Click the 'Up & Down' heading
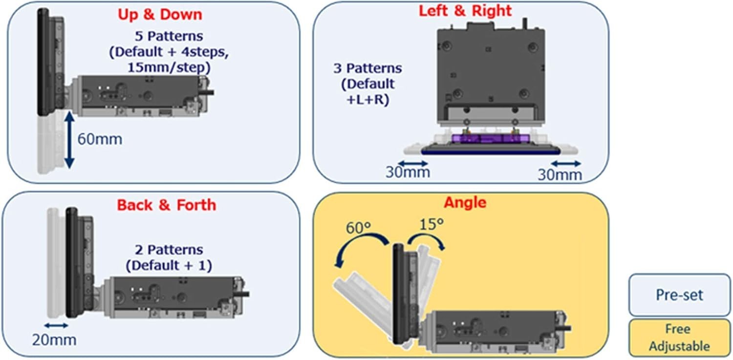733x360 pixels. [x=160, y=15]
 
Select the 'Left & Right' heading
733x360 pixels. [x=465, y=11]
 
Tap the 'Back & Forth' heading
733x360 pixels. [x=167, y=205]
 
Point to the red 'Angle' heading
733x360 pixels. [x=465, y=203]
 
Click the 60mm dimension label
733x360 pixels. [x=100, y=139]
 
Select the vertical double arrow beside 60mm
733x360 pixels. [x=69, y=140]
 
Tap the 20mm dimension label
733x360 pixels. [x=54, y=340]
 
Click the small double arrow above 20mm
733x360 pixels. [x=56, y=325]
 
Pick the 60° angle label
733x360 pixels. [x=358, y=228]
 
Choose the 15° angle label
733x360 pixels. [x=431, y=224]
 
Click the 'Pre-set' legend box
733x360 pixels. [x=679, y=295]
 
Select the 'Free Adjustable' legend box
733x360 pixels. [x=679, y=338]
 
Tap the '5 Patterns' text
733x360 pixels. [x=169, y=36]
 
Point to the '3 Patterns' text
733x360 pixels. [x=367, y=68]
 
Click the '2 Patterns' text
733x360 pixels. [x=169, y=250]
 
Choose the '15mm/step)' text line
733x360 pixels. [x=169, y=67]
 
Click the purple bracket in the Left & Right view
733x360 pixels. [x=490, y=139]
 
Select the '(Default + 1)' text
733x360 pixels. [x=169, y=265]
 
